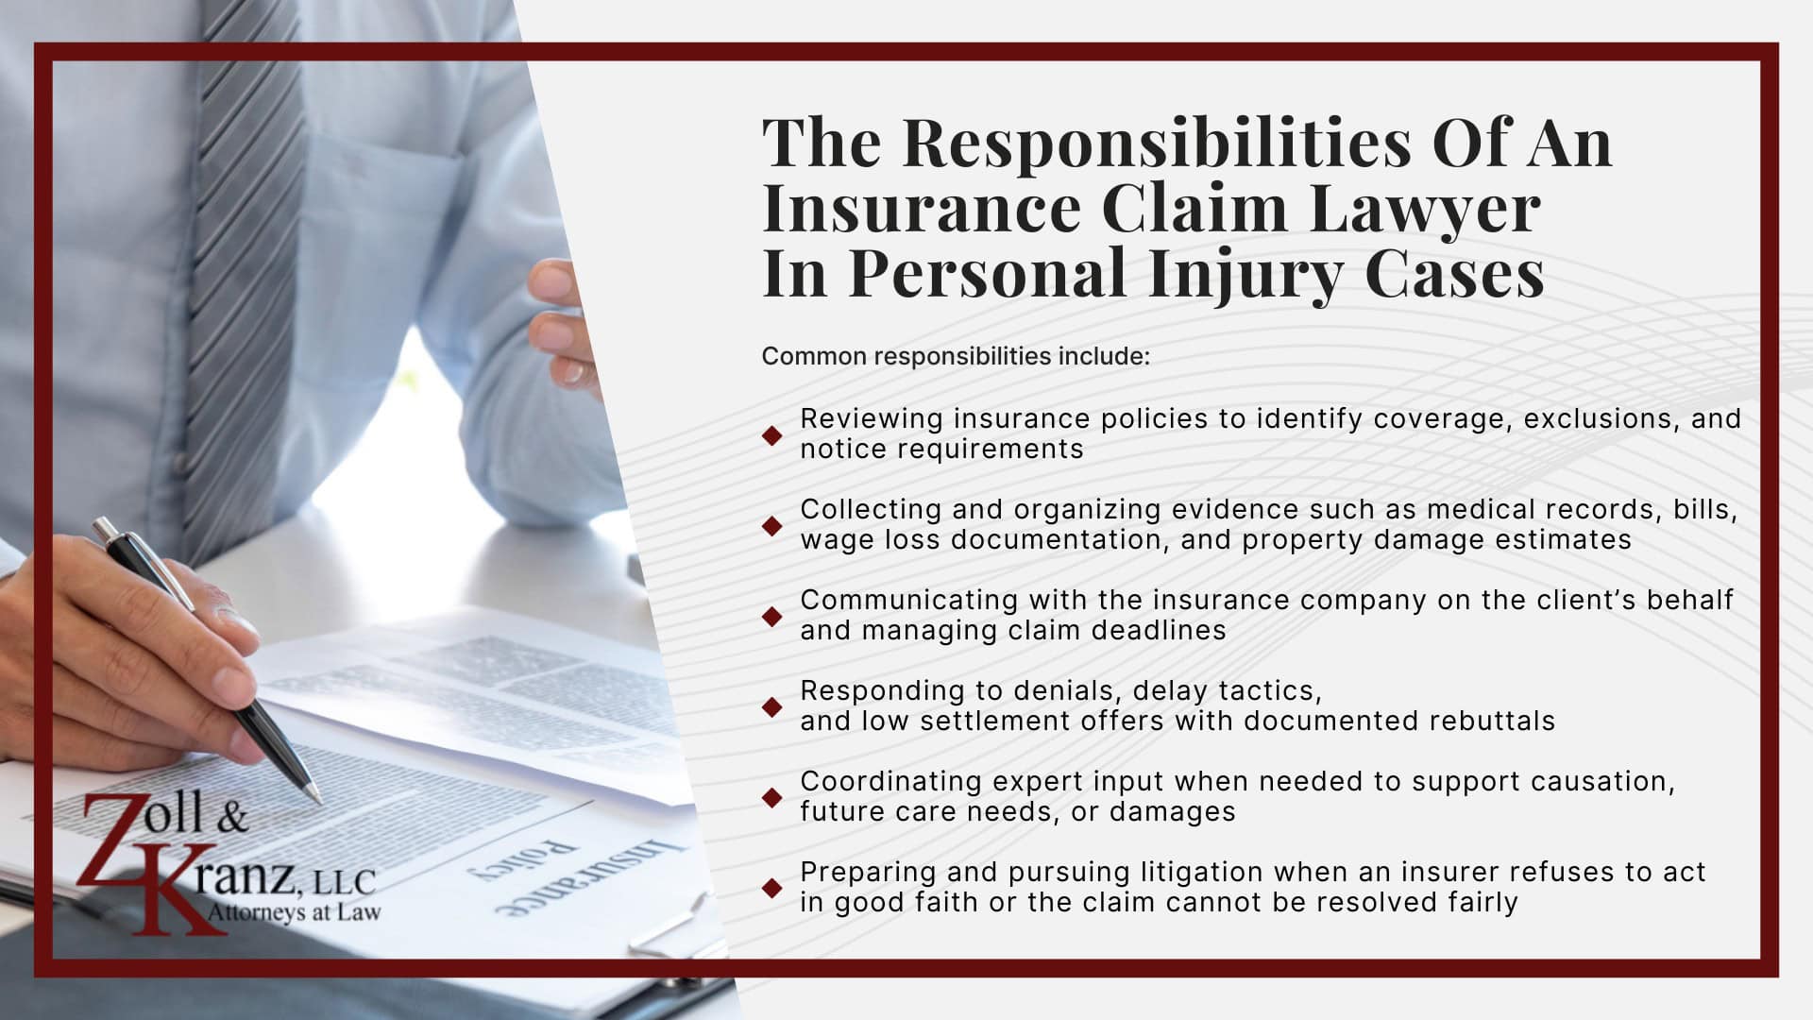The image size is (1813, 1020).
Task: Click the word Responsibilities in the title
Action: point(1157,144)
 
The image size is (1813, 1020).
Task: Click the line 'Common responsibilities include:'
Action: point(956,356)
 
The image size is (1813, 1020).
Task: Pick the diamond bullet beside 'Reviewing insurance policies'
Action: point(772,434)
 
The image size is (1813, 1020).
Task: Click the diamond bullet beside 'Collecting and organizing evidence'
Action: point(772,525)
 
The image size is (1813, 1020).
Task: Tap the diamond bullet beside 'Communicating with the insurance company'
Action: point(772,616)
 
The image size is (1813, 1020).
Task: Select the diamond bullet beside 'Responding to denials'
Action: point(772,706)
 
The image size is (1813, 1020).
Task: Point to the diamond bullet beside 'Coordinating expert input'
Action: point(772,797)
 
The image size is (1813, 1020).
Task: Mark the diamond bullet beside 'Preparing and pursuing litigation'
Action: point(772,888)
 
